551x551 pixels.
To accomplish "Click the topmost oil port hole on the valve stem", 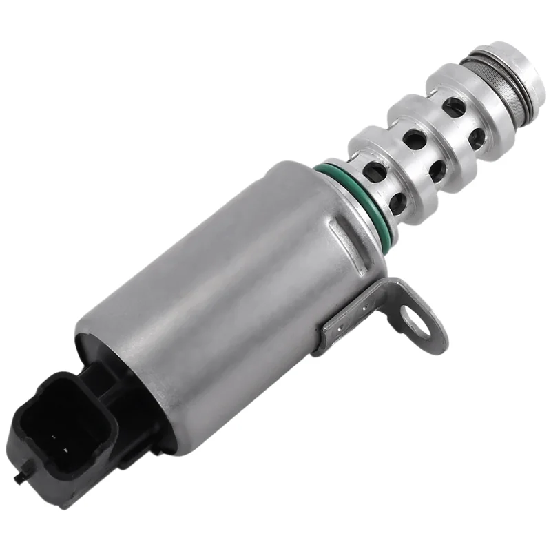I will pos(453,107).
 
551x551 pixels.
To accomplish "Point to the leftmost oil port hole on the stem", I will pos(374,172).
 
